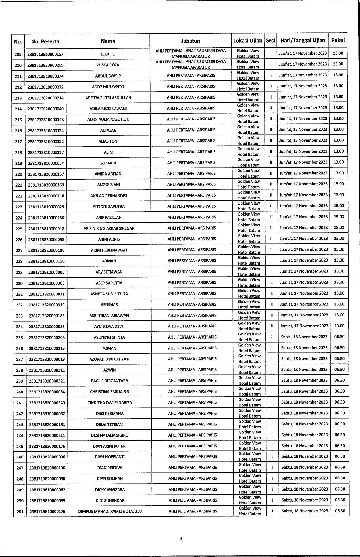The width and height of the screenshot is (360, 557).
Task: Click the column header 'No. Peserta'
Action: pos(45,42)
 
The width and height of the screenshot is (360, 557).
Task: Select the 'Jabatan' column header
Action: pos(190,41)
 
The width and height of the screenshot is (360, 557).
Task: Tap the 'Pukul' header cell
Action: pos(338,40)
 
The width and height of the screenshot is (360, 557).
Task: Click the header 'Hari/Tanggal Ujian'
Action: pos(303,40)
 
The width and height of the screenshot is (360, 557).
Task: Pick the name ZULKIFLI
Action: pos(108,54)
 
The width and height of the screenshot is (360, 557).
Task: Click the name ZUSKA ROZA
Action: pos(108,65)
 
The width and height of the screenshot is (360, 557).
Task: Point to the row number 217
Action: pos(18,141)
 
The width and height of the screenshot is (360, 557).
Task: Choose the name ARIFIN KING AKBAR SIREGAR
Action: pos(109,228)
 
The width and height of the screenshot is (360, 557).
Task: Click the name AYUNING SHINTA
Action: pos(109,337)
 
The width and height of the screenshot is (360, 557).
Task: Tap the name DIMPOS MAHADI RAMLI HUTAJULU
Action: pos(110,512)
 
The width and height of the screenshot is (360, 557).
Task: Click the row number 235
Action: pos(19,338)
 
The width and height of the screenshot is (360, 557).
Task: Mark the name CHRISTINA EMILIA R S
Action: pos(110,392)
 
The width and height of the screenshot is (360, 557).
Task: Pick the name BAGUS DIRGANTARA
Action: pos(110,381)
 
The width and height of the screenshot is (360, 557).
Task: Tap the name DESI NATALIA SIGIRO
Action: pos(110,435)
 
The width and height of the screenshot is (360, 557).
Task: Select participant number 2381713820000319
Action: pos(47,305)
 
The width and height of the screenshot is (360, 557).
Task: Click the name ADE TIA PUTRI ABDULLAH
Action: pos(108,98)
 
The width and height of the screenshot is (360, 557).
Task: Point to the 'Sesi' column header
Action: pos(270,41)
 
